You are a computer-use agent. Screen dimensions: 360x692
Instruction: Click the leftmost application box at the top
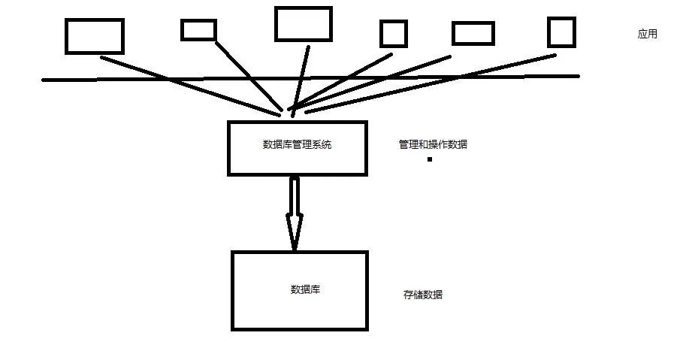(94, 36)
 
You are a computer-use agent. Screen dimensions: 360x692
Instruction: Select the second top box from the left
(198, 30)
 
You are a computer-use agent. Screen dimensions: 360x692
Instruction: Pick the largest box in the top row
(303, 23)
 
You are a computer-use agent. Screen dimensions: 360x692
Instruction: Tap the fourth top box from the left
(393, 34)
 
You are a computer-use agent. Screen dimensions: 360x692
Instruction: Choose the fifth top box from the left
(473, 34)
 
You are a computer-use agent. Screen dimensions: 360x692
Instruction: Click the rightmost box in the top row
(561, 32)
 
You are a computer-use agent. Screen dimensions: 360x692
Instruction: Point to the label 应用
(647, 34)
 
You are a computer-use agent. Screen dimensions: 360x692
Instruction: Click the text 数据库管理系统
(297, 144)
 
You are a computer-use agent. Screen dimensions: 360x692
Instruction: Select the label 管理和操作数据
(433, 144)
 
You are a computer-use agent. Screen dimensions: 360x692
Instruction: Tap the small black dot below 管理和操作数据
(430, 159)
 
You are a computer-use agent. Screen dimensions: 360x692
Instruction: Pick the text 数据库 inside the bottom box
(305, 289)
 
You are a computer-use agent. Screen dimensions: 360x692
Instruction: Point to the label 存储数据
(423, 295)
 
